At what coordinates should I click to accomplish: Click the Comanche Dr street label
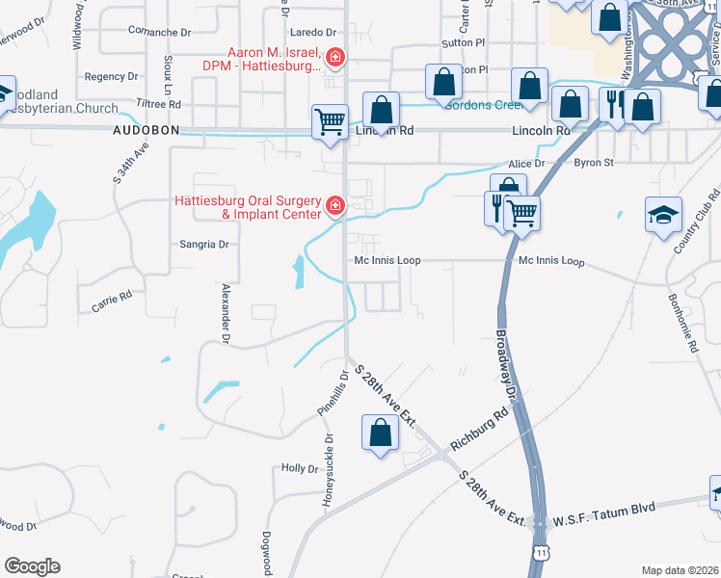(x=160, y=32)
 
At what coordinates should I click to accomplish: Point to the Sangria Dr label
(x=204, y=245)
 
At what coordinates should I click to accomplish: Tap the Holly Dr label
(x=300, y=468)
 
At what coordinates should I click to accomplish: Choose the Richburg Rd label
(x=479, y=433)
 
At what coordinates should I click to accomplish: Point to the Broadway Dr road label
(x=508, y=367)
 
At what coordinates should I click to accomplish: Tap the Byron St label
(x=594, y=163)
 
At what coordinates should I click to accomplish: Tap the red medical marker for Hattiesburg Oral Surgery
(x=334, y=205)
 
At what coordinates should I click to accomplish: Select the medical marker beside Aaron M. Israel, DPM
(x=334, y=59)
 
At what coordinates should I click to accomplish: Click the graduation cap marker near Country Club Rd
(x=664, y=215)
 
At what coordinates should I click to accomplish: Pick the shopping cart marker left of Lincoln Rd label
(x=330, y=121)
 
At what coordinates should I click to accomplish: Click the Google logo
(x=33, y=565)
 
